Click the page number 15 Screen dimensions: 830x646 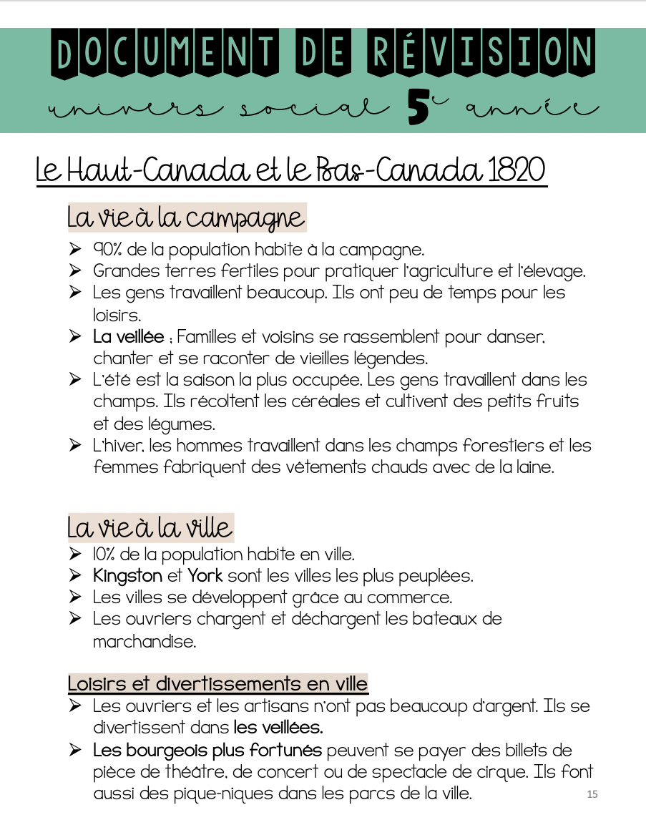(x=592, y=794)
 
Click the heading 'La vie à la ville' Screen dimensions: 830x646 (x=150, y=528)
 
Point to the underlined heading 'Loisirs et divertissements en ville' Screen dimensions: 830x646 (x=217, y=683)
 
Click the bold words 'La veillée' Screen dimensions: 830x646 (x=129, y=336)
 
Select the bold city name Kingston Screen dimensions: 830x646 (x=127, y=575)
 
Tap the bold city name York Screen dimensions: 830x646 (x=205, y=575)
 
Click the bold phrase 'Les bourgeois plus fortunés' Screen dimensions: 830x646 (x=207, y=751)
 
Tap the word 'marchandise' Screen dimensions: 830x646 (x=144, y=641)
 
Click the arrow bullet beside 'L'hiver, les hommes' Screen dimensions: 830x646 (x=75, y=446)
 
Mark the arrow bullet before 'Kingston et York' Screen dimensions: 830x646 (x=75, y=575)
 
